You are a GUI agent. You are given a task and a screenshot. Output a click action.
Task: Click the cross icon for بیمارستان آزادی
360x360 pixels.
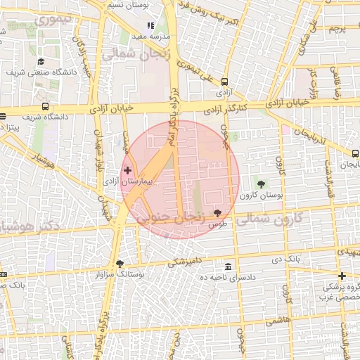click(127, 170)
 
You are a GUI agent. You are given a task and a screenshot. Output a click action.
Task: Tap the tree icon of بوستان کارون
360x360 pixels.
click(262, 184)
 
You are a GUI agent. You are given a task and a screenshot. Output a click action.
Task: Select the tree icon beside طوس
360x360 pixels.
click(217, 212)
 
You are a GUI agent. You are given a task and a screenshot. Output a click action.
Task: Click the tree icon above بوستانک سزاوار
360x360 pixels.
click(119, 264)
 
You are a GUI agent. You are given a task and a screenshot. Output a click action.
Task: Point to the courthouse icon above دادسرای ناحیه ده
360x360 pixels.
click(229, 267)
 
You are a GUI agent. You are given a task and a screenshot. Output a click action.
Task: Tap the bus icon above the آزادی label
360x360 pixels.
click(224, 82)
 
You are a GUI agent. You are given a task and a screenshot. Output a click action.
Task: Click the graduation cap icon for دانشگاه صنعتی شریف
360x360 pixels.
click(40, 62)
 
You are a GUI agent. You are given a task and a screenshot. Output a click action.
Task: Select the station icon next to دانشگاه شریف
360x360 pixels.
click(46, 107)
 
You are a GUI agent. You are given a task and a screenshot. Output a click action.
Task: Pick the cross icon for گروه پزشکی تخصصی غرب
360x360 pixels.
click(342, 276)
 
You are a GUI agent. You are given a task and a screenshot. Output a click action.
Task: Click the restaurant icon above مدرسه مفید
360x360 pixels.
click(149, 25)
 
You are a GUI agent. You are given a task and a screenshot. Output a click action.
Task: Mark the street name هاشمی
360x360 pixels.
click(278, 320)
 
